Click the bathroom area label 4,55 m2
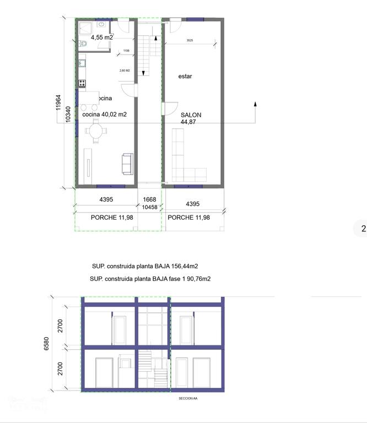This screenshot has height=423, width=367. point(102,37)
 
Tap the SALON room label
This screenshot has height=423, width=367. point(191,115)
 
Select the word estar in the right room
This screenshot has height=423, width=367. point(185,77)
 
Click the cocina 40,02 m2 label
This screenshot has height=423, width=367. point(105,115)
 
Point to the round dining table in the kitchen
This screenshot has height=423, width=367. point(96,132)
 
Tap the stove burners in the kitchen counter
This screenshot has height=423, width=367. point(82,83)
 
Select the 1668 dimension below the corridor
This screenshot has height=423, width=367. point(149,200)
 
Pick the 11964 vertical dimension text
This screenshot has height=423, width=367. point(58,103)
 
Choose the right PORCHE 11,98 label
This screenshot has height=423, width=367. point(188,218)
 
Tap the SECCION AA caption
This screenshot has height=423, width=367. point(188,398)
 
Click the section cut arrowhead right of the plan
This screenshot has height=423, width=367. point(255,103)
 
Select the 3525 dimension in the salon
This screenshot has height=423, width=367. point(190,40)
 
